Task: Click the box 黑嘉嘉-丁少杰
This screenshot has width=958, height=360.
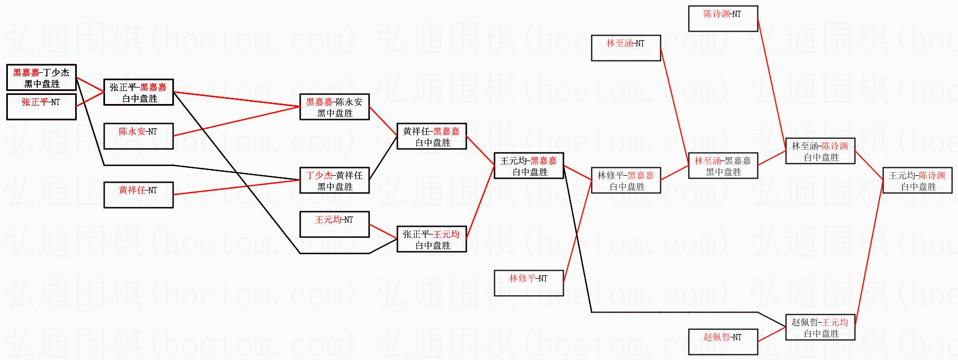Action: tap(41, 78)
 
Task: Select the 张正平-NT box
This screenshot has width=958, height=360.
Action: tap(41, 107)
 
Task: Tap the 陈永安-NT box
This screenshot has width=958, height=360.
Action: tap(138, 136)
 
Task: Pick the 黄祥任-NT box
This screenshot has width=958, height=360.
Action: tap(138, 195)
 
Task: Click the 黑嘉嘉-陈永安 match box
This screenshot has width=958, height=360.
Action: tap(334, 107)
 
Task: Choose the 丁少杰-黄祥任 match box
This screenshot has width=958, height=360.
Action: tap(334, 180)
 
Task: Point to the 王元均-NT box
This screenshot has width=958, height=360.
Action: tap(334, 224)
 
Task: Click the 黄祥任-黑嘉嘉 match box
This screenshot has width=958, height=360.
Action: tap(432, 136)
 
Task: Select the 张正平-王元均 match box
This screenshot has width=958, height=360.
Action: tap(432, 239)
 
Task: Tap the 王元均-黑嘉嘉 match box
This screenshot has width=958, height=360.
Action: tap(529, 166)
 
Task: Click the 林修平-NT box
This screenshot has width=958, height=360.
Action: tap(529, 283)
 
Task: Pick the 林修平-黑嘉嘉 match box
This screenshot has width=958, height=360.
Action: tap(626, 180)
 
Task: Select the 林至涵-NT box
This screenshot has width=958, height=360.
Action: tap(626, 48)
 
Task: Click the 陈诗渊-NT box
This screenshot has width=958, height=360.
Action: tap(723, 19)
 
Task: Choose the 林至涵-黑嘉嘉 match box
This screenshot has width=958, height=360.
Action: tap(723, 166)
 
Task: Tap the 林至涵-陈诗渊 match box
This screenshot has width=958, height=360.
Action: tap(820, 151)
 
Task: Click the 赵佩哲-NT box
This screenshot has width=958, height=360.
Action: tap(723, 342)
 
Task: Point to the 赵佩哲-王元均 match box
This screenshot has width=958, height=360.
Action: tap(820, 327)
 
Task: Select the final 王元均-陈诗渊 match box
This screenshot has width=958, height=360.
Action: tap(917, 180)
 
